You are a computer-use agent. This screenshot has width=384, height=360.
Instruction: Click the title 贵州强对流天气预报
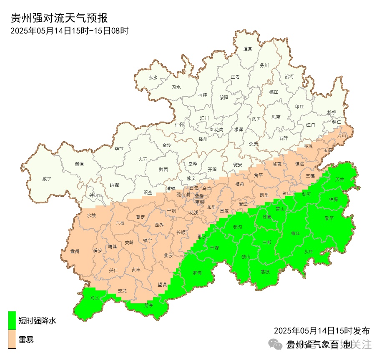[59, 18]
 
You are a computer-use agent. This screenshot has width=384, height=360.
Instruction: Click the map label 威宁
[47, 179]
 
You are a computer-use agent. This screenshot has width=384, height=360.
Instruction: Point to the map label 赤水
[153, 78]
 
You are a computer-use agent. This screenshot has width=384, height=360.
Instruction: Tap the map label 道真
[248, 49]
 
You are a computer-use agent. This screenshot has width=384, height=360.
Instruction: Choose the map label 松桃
[331, 112]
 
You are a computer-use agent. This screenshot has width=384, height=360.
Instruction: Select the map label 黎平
[329, 218]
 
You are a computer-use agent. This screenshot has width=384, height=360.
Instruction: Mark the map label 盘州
[75, 251]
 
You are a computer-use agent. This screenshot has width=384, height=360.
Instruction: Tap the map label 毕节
[119, 148]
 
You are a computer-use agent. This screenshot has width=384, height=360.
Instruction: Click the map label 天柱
[340, 179]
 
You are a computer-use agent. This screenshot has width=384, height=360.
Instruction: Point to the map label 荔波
[265, 271]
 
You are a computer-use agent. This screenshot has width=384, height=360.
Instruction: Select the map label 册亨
[148, 305]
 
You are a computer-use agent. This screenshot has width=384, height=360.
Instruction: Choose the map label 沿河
[289, 77]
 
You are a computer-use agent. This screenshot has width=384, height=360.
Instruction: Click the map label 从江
[308, 251]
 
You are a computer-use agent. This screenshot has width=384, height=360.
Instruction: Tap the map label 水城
[91, 216]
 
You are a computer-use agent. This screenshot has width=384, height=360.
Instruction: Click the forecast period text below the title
[69, 30]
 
